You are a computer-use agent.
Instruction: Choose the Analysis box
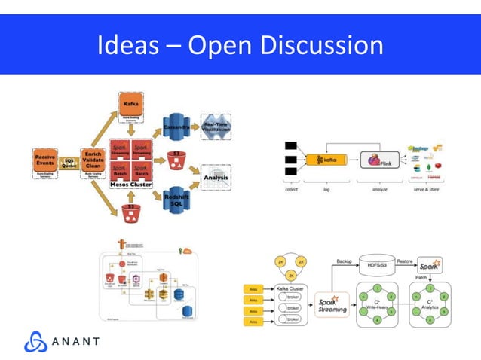coord(215,178)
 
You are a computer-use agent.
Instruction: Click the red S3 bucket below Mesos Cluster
coord(131,210)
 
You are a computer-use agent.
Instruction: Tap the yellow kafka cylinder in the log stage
coord(327,160)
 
